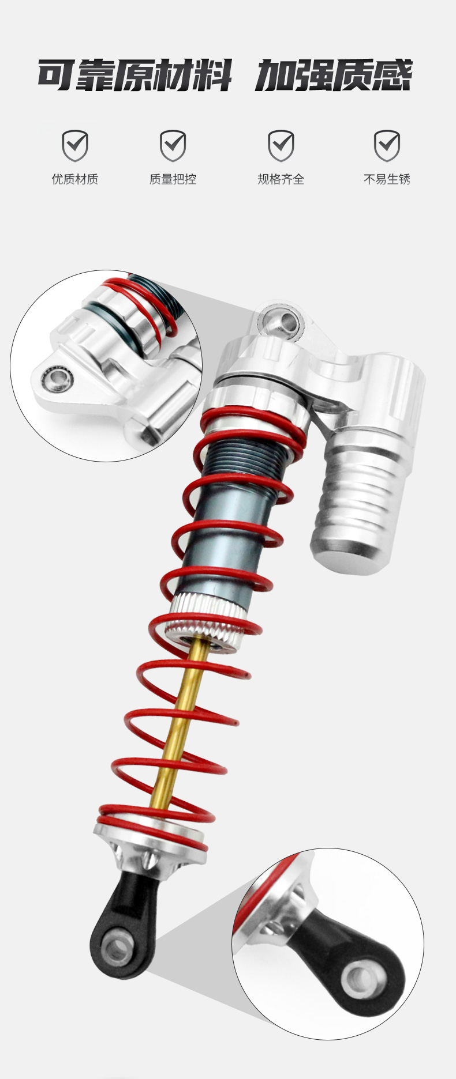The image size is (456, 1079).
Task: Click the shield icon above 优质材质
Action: click(75, 146)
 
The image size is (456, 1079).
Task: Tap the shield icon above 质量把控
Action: click(173, 146)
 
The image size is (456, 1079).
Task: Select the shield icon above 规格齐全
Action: click(281, 146)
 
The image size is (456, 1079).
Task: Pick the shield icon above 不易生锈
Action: click(387, 146)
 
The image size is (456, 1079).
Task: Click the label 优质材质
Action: click(75, 179)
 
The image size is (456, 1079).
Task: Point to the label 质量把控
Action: click(173, 179)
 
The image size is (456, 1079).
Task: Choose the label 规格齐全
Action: click(281, 179)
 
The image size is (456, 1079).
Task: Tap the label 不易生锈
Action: click(387, 179)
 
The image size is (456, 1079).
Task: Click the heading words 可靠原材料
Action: click(134, 75)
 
